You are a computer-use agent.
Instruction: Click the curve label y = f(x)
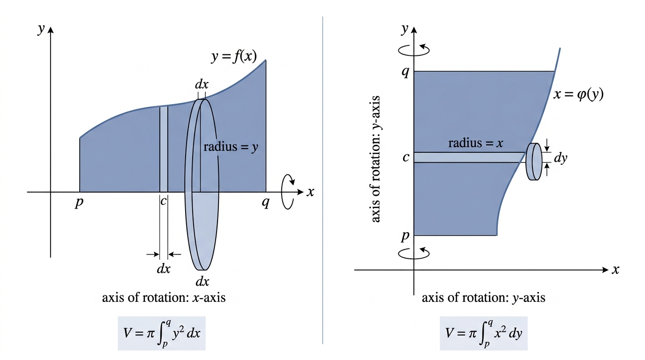(x=234, y=56)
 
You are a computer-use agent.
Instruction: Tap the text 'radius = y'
(x=231, y=147)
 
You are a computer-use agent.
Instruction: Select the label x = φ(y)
(x=578, y=95)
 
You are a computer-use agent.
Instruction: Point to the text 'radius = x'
(x=475, y=143)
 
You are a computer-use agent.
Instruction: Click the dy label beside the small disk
(x=560, y=158)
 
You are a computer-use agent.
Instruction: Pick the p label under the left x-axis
(x=79, y=203)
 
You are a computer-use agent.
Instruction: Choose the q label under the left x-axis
(x=265, y=202)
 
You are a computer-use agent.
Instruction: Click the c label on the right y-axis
(x=406, y=157)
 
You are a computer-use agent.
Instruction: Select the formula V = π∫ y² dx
(x=162, y=333)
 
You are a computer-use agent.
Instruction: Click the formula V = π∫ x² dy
(x=483, y=333)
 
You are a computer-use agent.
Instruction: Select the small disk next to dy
(x=534, y=162)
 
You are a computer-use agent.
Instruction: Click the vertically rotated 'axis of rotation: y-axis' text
(x=375, y=159)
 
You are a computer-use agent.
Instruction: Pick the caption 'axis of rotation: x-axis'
(x=164, y=298)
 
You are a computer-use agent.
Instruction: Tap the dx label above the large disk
(x=202, y=84)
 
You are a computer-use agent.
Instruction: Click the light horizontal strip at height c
(x=469, y=157)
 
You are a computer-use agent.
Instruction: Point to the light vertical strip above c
(x=164, y=149)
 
